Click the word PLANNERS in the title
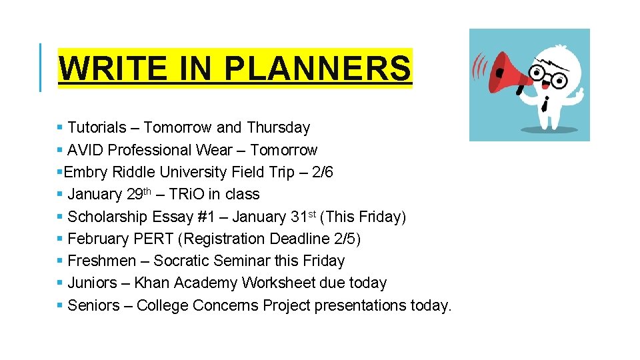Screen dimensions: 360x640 317,68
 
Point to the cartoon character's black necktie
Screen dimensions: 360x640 545,103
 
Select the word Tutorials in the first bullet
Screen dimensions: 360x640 97,127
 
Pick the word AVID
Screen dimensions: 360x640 85,150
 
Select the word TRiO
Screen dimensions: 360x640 186,195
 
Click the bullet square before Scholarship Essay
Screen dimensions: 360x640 61,217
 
